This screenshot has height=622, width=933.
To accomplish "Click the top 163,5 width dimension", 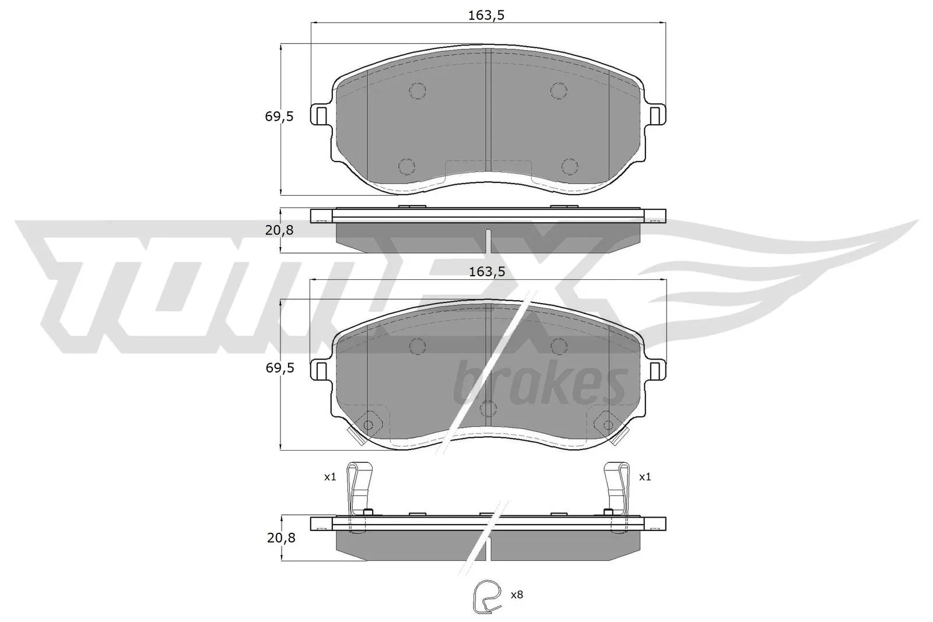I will click(486, 16).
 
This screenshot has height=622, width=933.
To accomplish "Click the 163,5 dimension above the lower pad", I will click(486, 271).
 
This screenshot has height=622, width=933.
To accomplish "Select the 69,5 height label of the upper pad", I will click(279, 117).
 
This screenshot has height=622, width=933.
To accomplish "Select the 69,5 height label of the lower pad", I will click(279, 368).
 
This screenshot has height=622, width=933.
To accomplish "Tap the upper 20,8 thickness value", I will click(279, 230).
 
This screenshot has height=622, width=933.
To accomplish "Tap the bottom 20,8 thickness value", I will click(281, 538).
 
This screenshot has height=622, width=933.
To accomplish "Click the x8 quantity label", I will click(517, 595).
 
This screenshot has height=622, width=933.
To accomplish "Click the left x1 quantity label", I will click(330, 477).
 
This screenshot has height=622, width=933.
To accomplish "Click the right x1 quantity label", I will click(644, 477).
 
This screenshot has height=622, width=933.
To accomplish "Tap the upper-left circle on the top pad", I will click(418, 90).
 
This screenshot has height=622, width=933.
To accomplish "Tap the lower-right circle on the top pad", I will click(569, 166).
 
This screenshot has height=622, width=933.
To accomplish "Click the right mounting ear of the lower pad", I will click(655, 369).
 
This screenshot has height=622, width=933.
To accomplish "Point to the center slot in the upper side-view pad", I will click(489, 240).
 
